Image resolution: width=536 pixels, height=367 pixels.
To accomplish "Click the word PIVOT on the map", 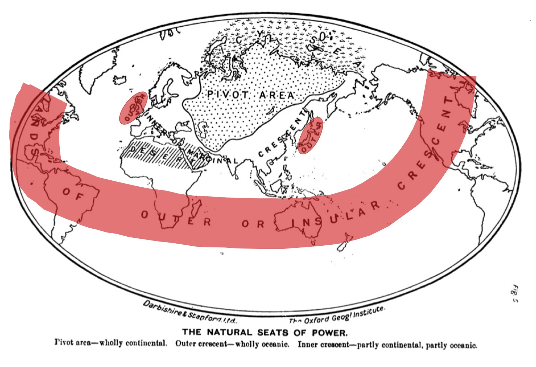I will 228,95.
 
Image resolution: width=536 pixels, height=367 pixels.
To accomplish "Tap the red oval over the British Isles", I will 133,108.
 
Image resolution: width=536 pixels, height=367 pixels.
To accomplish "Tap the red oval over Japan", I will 310,136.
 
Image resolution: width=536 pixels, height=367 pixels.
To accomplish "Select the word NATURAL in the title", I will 230,332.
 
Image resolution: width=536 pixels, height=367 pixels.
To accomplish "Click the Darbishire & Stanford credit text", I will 189,312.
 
